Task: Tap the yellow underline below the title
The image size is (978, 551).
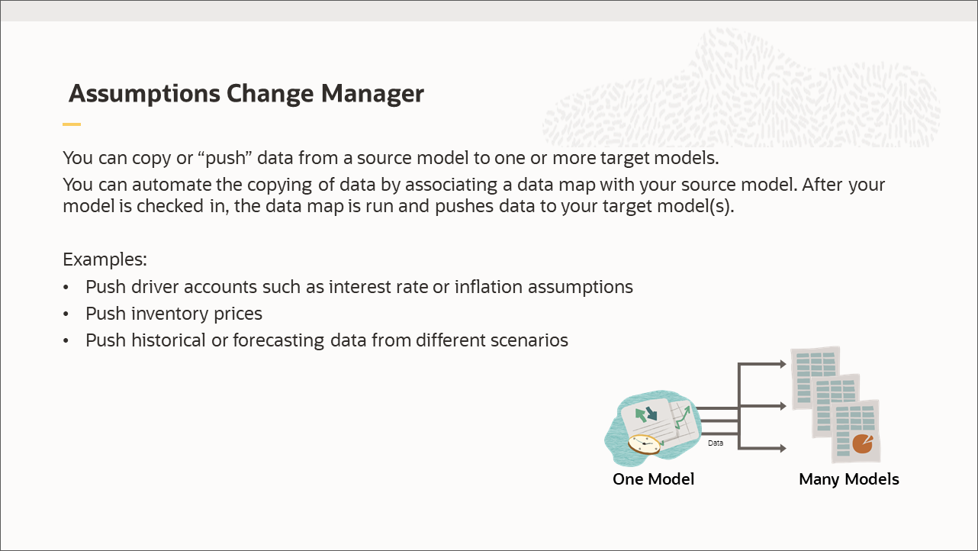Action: click(x=72, y=124)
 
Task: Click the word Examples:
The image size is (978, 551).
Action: click(x=105, y=259)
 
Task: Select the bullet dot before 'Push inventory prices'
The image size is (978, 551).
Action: click(x=67, y=314)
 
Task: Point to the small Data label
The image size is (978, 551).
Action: click(x=715, y=443)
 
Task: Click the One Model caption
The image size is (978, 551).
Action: click(x=654, y=479)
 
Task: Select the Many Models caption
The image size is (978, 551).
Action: click(x=848, y=479)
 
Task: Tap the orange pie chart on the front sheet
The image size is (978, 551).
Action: click(x=862, y=443)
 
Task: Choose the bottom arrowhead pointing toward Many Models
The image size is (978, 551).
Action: click(x=781, y=449)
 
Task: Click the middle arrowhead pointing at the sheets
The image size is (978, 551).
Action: click(x=781, y=407)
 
